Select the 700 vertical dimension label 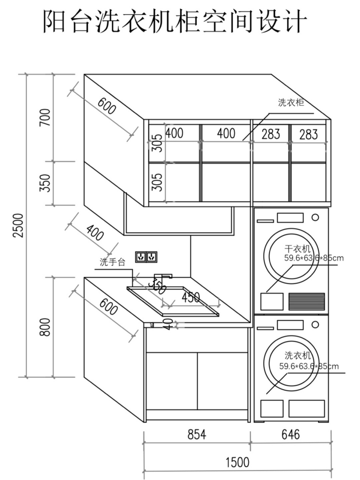click(45, 117)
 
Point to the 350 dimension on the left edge click(45, 183)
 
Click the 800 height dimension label click(45, 327)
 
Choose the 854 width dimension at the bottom click(197, 434)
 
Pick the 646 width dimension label click(290, 434)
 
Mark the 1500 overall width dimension click(237, 462)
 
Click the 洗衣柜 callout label click(291, 102)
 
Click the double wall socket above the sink click(146, 257)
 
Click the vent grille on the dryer click(306, 301)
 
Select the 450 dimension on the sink click(191, 297)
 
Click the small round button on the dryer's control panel click(315, 217)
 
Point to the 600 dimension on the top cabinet click(107, 106)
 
